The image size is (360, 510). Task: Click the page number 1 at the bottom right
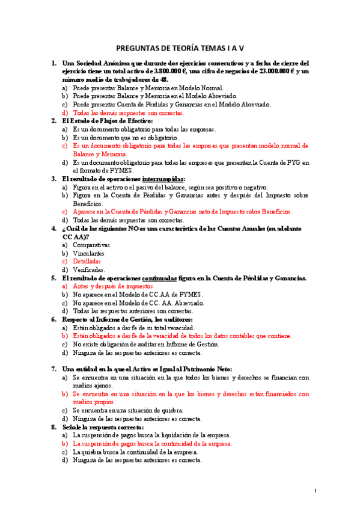tap(315, 492)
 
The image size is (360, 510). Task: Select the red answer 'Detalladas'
tap(87, 262)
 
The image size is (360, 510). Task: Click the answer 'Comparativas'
tap(92, 245)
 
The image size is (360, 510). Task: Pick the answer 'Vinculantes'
tap(88, 254)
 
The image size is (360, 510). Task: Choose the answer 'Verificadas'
tap(89, 270)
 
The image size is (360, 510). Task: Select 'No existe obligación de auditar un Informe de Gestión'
tap(146, 345)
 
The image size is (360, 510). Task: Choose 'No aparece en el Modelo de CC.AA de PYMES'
tap(138, 295)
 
